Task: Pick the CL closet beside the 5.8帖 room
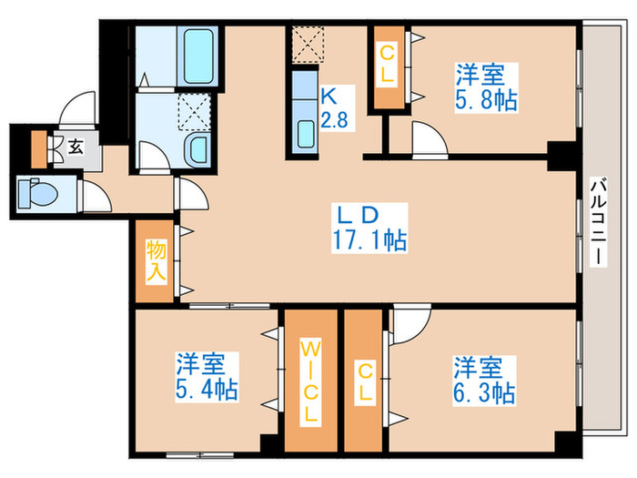(388, 65)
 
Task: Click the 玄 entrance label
(75, 147)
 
